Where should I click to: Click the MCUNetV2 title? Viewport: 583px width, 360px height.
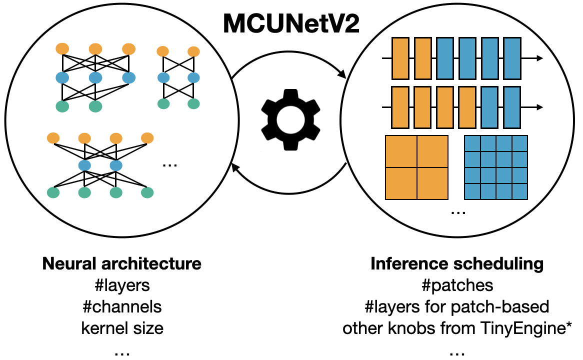pos(291,23)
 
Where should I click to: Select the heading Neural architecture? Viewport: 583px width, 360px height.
pos(122,263)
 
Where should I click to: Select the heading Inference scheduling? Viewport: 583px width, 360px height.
pos(457,263)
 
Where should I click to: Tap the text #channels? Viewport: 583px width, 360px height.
pos(122,306)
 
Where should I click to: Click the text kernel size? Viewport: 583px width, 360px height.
pos(122,328)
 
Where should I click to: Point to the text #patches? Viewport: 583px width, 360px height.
pos(457,285)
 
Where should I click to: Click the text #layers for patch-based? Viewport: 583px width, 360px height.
pos(457,306)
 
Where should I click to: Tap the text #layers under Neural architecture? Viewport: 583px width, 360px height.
pos(122,285)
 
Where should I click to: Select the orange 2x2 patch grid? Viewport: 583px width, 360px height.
pos(416,167)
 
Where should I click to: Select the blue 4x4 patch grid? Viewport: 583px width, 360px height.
pos(496,167)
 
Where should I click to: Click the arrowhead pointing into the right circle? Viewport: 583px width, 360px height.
pos(342,75)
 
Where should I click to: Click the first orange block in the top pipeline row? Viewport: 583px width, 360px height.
pos(400,58)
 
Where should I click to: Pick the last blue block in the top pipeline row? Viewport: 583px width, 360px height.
pos(512,58)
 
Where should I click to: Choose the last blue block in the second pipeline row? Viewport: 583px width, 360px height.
pos(512,107)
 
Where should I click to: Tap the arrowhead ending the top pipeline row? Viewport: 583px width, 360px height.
pos(539,58)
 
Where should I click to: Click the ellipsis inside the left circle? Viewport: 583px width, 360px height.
pos(170,164)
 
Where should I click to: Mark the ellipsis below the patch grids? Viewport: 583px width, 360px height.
pos(457,212)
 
